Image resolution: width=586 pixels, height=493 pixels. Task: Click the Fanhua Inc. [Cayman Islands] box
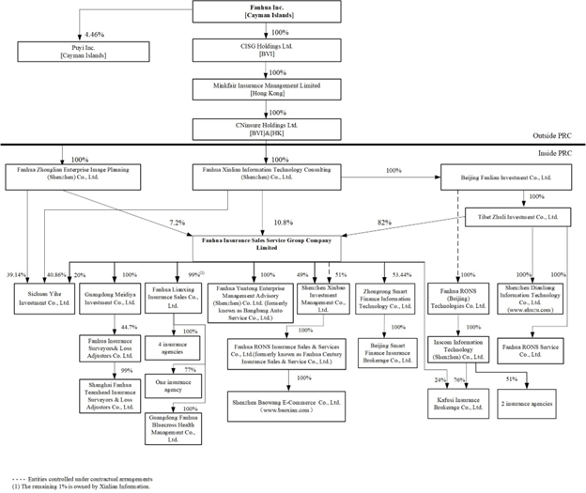click(x=265, y=12)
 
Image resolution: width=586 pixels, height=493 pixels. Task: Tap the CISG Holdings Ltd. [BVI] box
click(x=265, y=51)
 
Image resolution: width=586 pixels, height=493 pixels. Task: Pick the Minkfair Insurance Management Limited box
click(x=265, y=89)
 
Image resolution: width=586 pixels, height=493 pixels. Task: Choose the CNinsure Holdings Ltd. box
click(x=265, y=128)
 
